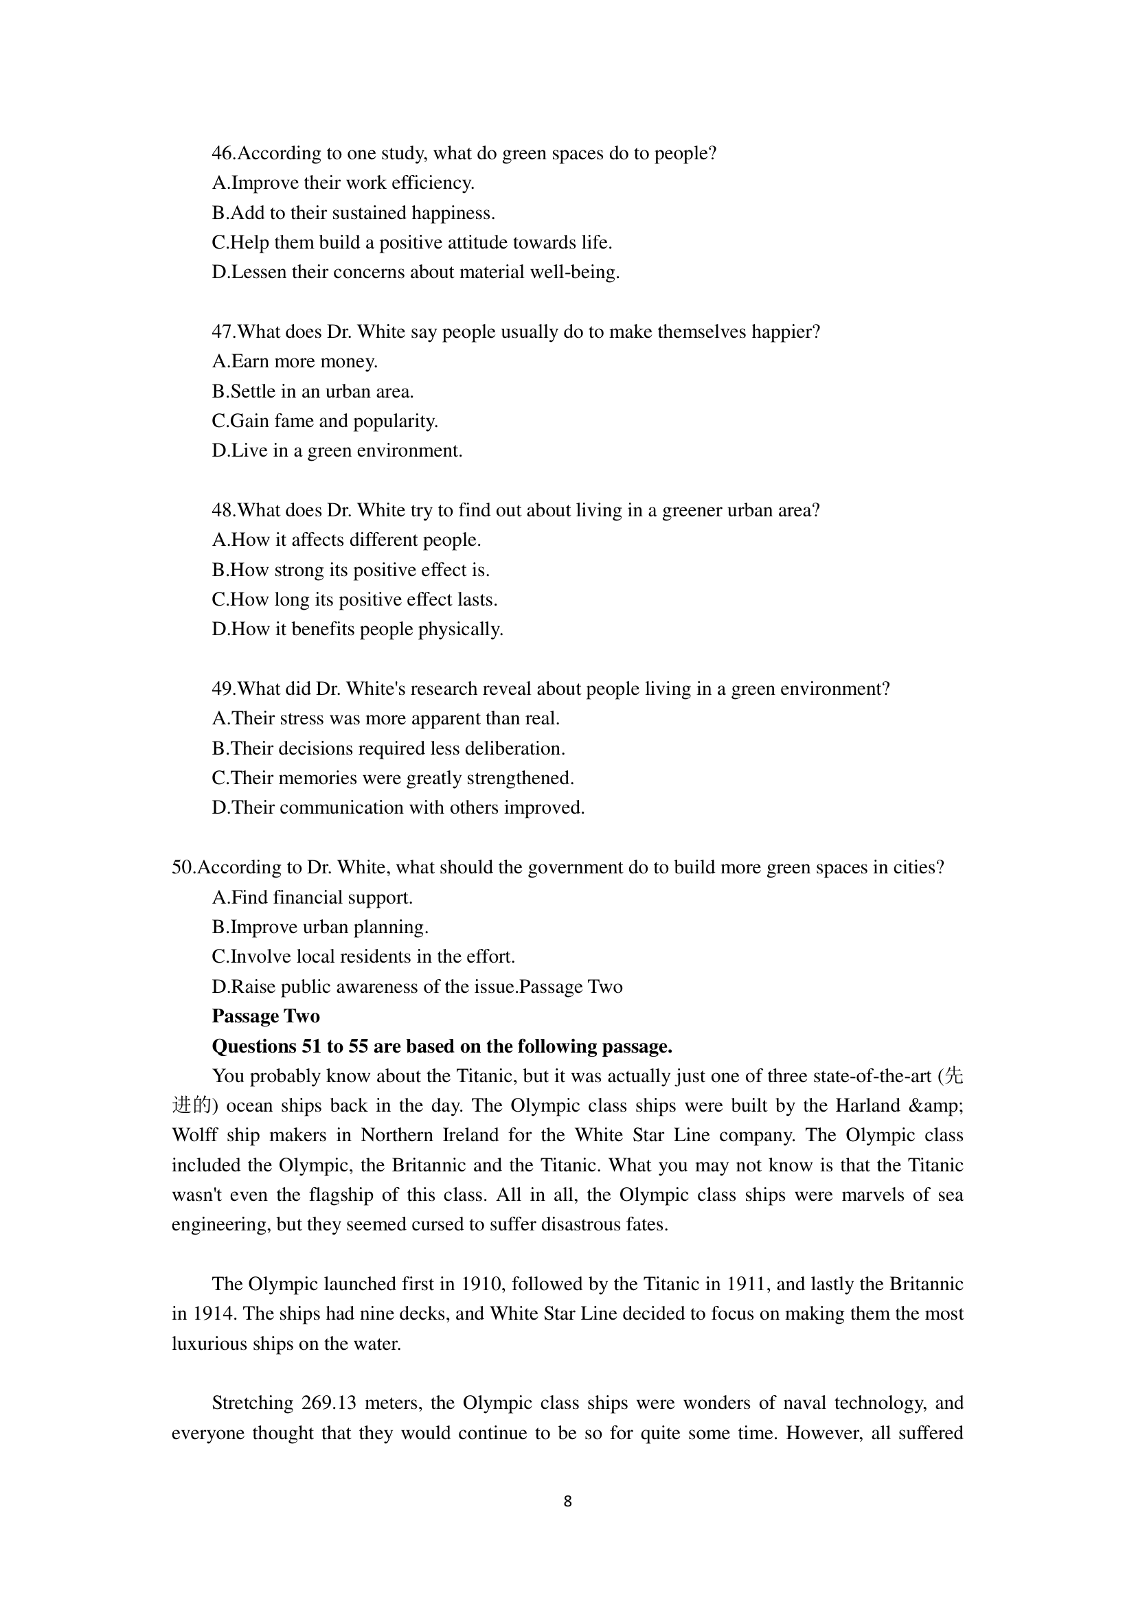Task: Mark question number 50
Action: [183, 867]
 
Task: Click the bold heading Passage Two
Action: [266, 1016]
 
